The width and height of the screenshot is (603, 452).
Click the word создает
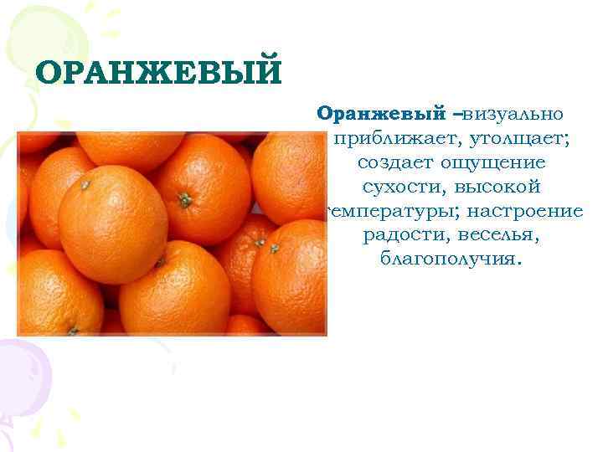point(391,162)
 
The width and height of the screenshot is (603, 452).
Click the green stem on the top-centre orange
point(184,199)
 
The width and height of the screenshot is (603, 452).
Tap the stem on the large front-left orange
point(85,185)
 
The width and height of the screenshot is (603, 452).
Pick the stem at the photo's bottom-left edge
point(72,331)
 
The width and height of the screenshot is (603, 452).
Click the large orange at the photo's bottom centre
point(174,289)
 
